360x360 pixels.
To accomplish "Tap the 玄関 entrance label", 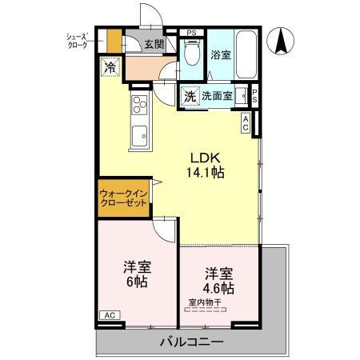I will (155, 45).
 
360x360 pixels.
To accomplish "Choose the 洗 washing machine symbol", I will (190, 95).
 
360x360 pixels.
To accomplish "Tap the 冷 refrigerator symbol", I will (109, 67).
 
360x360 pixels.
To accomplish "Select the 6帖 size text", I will (135, 282).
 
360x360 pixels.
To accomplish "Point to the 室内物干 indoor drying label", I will (207, 302).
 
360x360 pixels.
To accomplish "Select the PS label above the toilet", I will (191, 33).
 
